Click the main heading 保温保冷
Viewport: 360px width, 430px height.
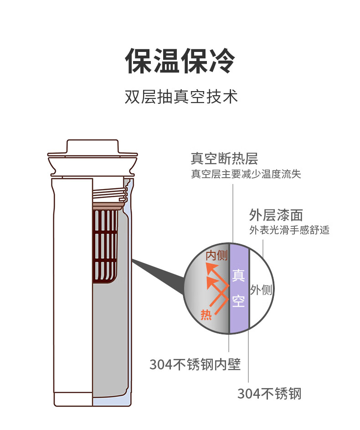(x=180, y=61)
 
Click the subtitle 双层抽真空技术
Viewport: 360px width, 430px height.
(x=181, y=97)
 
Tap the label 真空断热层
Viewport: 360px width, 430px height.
(x=225, y=158)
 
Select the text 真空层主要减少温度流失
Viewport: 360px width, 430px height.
(x=246, y=174)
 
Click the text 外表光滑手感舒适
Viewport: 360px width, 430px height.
(x=289, y=230)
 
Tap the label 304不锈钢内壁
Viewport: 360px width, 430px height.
(x=195, y=364)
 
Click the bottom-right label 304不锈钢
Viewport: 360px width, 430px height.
(x=269, y=394)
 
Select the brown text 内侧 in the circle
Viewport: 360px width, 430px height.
(x=217, y=256)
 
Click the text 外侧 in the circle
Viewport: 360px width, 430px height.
(x=261, y=290)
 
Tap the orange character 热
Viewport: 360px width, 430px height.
(x=206, y=314)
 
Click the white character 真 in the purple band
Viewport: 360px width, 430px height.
(x=238, y=275)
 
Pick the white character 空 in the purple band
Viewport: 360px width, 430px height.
(x=238, y=301)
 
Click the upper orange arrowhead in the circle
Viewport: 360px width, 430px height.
(x=212, y=268)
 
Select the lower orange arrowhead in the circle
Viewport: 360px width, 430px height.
(x=212, y=282)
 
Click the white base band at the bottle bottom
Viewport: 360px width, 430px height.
(x=73, y=399)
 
